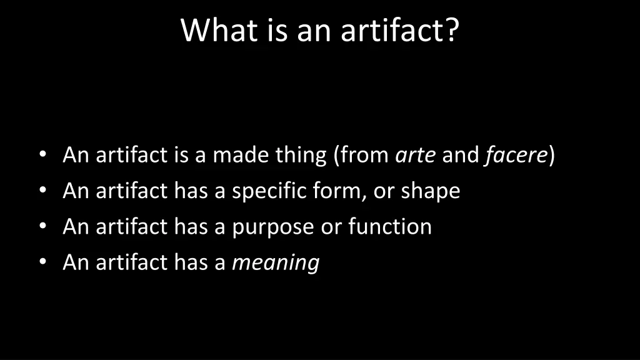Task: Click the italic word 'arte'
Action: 416,155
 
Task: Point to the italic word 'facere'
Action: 516,155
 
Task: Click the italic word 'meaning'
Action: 276,262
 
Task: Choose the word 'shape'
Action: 430,191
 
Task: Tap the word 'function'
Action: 390,226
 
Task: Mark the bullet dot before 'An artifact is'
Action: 42,155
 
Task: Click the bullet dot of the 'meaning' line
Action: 42,262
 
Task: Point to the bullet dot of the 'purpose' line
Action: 42,226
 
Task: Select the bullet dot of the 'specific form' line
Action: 42,191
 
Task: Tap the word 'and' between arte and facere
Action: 460,155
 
